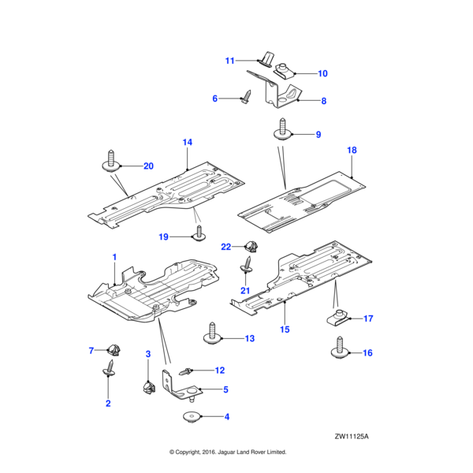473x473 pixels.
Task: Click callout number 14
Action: click(188, 143)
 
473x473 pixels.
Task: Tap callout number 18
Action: click(352, 149)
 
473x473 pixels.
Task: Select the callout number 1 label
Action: click(114, 257)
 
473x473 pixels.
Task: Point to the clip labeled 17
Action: click(337, 318)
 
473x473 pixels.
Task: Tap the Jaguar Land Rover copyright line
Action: click(228, 453)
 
